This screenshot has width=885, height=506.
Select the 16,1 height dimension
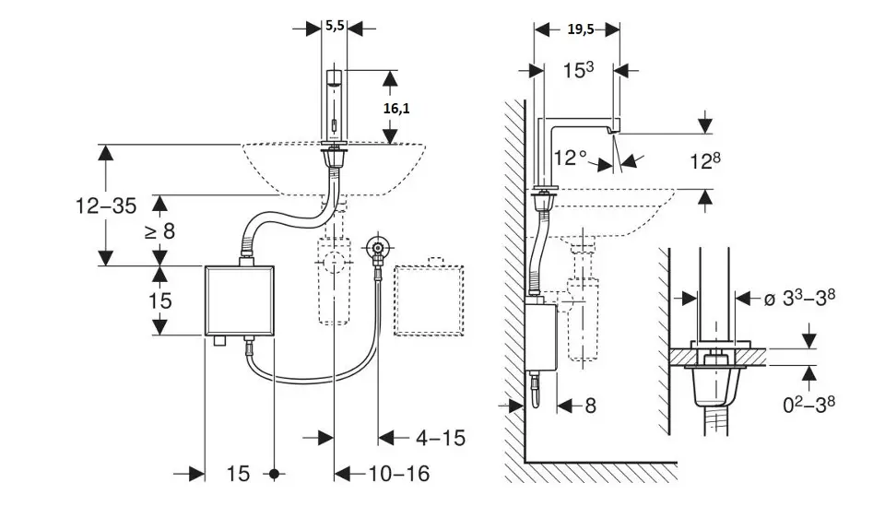(x=396, y=108)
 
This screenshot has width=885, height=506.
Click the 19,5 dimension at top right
(x=580, y=29)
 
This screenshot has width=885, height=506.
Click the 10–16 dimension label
(x=399, y=474)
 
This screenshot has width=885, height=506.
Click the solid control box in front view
(x=239, y=300)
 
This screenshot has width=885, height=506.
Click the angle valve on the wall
(x=375, y=247)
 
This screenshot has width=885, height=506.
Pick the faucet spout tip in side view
(x=612, y=134)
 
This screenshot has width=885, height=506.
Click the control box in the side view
(x=544, y=337)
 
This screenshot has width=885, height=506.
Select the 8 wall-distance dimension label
(x=591, y=405)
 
